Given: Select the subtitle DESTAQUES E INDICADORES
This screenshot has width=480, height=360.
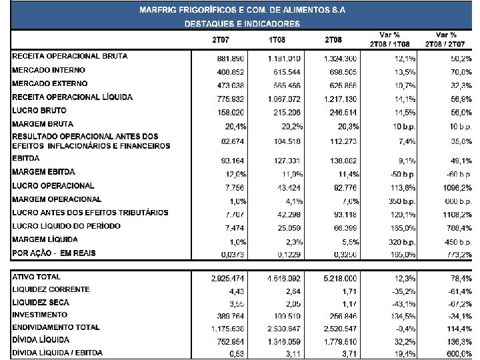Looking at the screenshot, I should tap(242, 23).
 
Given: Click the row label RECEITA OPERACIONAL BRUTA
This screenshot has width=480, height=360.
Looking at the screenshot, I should tap(69, 57).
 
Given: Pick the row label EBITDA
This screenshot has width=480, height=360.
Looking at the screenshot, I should tap(26, 159).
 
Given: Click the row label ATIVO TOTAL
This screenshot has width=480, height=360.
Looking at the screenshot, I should tap(36, 277).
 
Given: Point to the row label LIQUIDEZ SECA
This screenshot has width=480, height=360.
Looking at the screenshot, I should tap(41, 303).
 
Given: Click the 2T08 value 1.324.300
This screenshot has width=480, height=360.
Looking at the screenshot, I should tap(341, 58).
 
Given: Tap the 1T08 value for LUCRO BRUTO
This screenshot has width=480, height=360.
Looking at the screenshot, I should tap(287, 111).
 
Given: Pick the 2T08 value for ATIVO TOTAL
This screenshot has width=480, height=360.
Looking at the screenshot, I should tap(341, 277).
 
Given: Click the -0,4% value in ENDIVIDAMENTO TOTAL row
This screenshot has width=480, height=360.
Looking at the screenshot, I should tap(406, 329).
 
